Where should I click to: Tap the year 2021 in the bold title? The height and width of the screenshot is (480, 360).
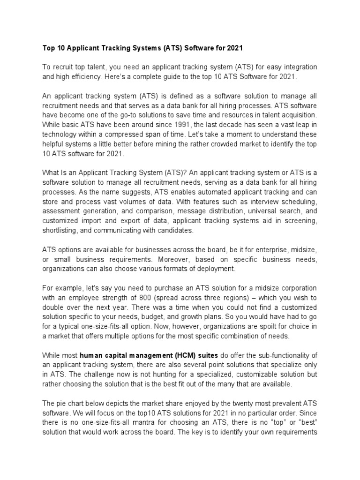coord(235,48)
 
